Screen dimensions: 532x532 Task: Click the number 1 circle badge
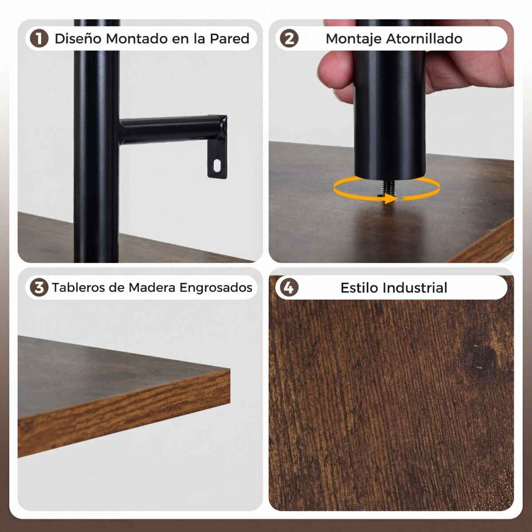click(x=39, y=39)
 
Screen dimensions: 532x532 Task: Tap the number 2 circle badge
click(x=289, y=39)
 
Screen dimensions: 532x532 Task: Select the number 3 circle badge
click(x=39, y=287)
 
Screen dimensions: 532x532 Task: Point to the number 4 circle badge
click(x=289, y=287)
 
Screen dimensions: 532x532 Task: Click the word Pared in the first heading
click(x=229, y=39)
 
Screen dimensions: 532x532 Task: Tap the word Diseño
click(x=78, y=39)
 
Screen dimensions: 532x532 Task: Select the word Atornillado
click(x=424, y=39)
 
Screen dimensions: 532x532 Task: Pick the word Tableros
click(x=78, y=287)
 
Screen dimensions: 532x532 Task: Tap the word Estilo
click(x=362, y=288)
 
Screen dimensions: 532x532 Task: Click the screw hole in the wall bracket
click(x=217, y=165)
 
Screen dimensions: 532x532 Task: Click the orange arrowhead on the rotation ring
click(x=391, y=199)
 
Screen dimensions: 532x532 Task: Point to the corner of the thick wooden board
click(x=230, y=369)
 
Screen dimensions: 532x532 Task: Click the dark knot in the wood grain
click(x=485, y=357)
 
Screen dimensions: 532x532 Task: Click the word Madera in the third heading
click(x=152, y=287)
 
